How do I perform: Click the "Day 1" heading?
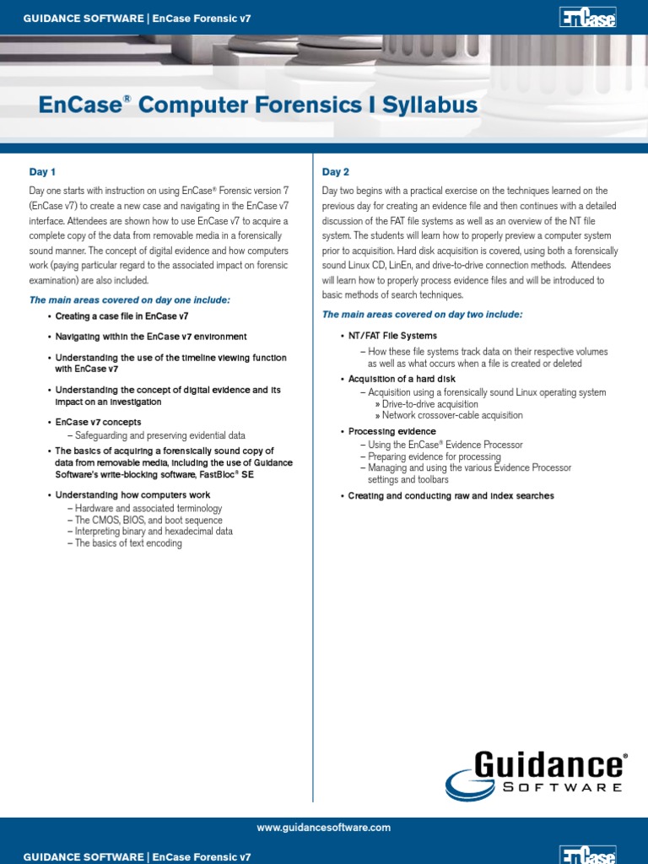coord(42,172)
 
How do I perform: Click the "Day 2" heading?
coord(336,172)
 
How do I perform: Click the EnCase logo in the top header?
coord(587,17)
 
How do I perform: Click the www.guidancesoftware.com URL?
coord(324,829)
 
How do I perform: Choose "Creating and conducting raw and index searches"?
coord(451,496)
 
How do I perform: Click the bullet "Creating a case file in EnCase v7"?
coord(121,316)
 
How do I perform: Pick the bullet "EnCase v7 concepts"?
coord(98,422)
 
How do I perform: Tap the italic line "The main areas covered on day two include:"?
coord(422,315)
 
